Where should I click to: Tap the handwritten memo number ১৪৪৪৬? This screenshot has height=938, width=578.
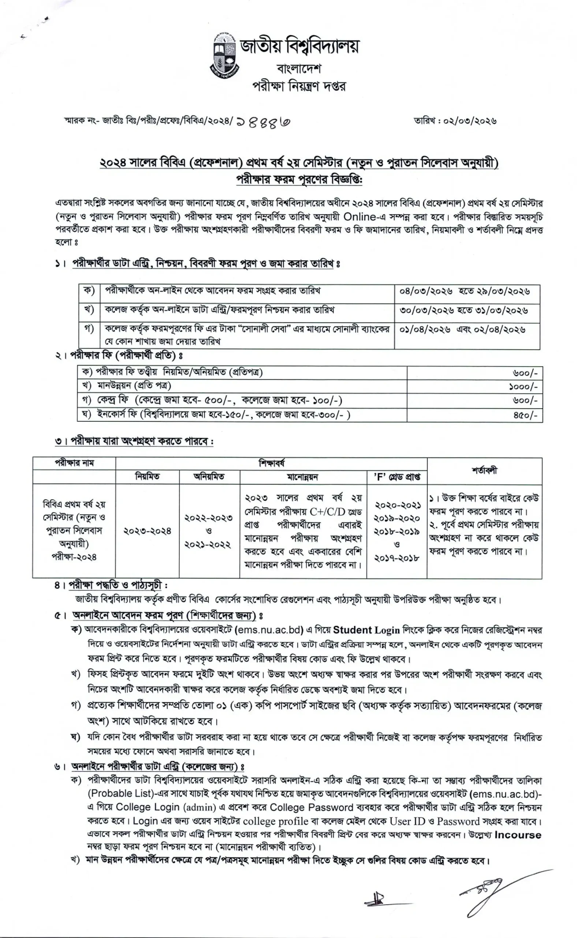tap(264, 123)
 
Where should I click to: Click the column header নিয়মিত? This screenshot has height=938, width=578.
tap(147, 477)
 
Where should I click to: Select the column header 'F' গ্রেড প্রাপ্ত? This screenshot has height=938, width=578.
tap(397, 477)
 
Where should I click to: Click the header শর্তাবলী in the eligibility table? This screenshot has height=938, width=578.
tap(484, 470)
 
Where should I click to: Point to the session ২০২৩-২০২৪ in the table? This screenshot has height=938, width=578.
tap(147, 531)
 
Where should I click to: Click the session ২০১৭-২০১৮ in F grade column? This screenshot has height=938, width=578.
tap(397, 558)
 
